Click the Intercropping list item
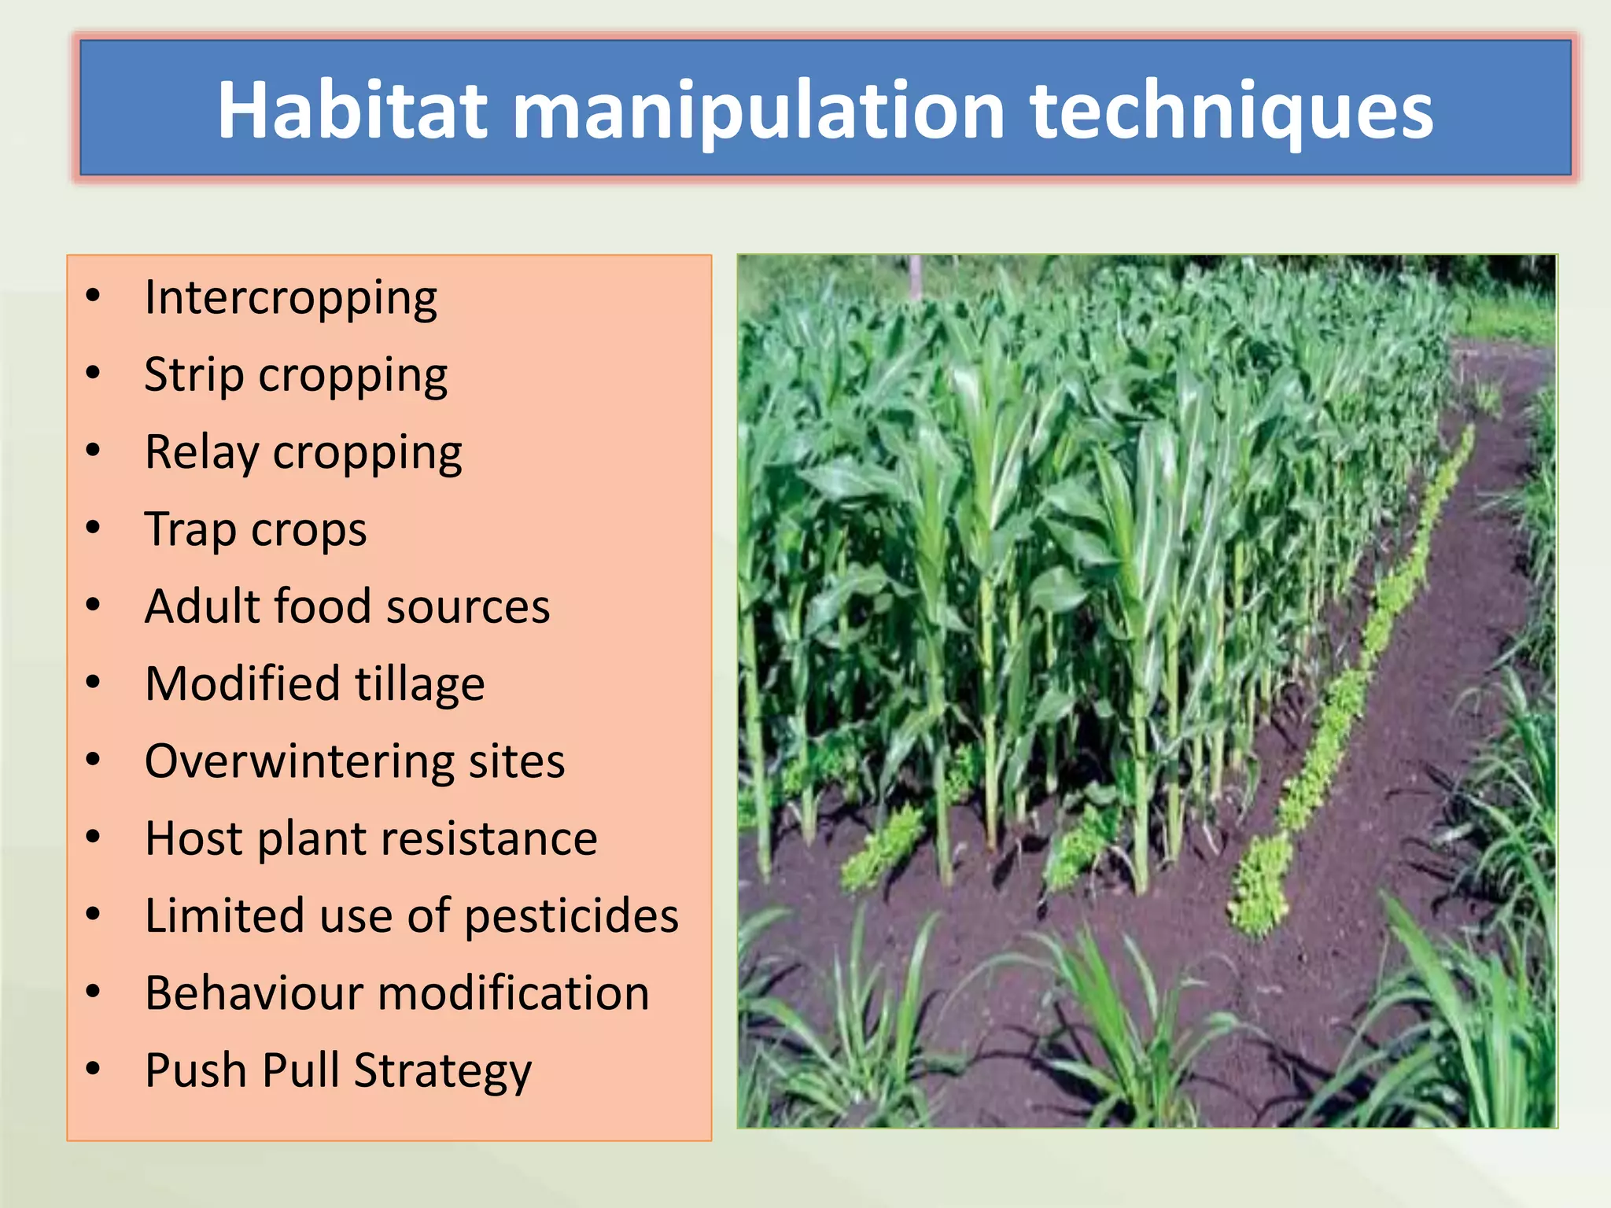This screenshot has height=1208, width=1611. tap(291, 300)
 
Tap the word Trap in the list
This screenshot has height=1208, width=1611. tap(190, 529)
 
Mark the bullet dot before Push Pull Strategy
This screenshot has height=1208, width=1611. tap(94, 1068)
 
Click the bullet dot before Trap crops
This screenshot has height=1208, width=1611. tap(94, 528)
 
